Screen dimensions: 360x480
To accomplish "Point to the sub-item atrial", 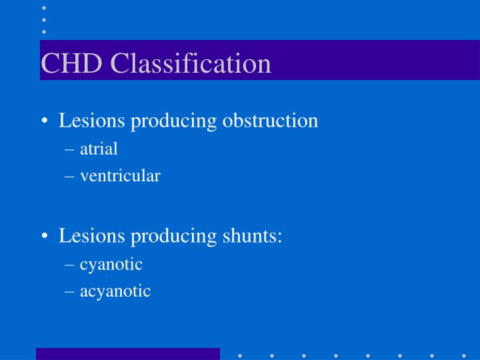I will click(x=99, y=149).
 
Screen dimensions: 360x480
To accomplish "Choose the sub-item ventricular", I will click(x=120, y=176).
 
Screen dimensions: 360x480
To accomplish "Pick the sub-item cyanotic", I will click(x=111, y=264).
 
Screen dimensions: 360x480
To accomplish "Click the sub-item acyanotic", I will click(x=115, y=291).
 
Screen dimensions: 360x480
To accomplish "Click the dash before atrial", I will click(x=71, y=149).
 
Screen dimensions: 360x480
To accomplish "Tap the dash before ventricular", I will click(x=71, y=177).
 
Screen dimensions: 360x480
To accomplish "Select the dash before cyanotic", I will click(x=71, y=265).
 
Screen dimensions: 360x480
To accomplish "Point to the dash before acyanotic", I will click(x=71, y=291).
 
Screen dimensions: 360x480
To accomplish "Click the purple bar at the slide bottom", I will click(x=127, y=354).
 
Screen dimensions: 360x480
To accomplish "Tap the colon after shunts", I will click(x=279, y=237).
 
